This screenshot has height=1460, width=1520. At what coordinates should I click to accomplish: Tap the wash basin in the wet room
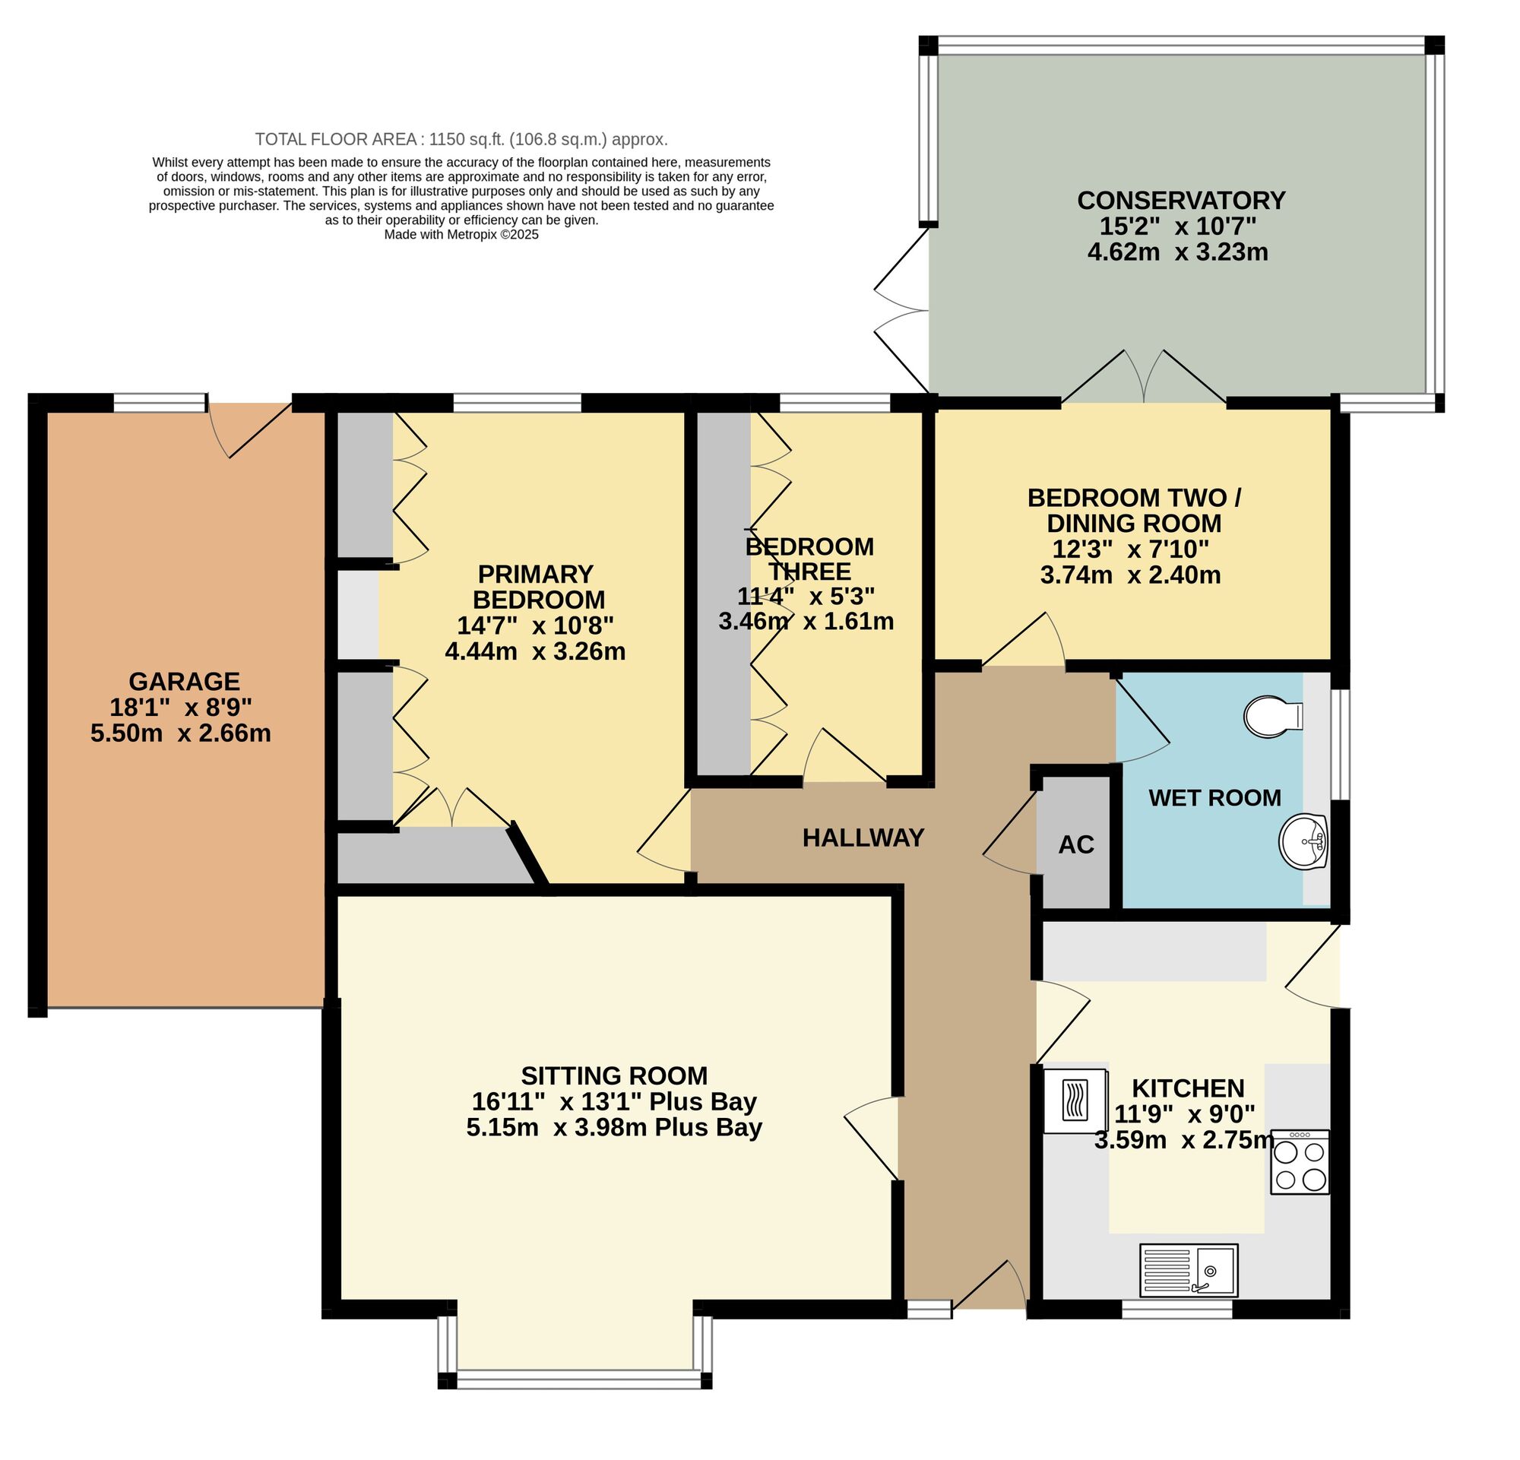coord(1303,842)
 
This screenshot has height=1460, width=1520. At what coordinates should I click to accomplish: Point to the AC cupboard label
coord(1076,844)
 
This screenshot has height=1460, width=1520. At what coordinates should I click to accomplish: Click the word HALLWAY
coord(863,838)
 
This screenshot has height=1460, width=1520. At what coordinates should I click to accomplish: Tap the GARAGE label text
coord(184,681)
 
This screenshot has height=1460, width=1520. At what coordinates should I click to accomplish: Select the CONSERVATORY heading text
coord(1181,200)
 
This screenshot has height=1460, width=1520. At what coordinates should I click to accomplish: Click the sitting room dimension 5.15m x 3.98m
coord(613,1126)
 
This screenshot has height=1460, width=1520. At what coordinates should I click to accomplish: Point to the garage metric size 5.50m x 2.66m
coord(181,733)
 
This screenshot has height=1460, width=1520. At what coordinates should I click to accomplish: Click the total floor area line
coord(461,140)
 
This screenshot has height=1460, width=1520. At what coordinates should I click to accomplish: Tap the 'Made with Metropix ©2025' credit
coord(461,234)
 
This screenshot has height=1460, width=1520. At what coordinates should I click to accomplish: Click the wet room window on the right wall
coord(1339,743)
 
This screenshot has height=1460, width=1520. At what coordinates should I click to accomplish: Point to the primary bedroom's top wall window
coord(517,402)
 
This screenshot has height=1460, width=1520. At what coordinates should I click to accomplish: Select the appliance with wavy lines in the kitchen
coord(1075,1101)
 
